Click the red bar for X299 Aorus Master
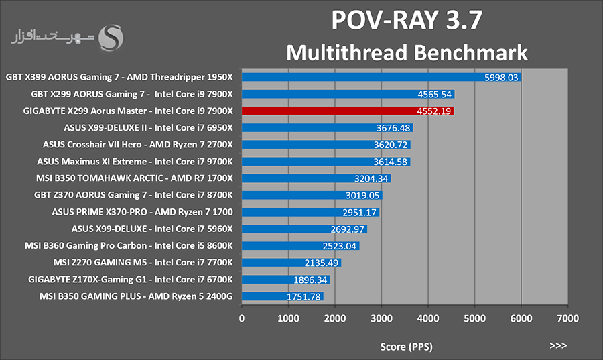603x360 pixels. (x=348, y=111)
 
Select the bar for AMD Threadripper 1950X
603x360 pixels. (x=381, y=77)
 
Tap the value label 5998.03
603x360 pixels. (x=501, y=78)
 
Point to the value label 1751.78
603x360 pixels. (x=304, y=296)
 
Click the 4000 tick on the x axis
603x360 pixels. (x=428, y=318)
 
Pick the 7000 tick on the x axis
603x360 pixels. (x=567, y=318)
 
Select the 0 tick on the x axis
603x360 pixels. (x=241, y=318)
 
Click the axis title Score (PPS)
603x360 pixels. (x=406, y=347)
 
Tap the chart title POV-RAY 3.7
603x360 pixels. (x=407, y=20)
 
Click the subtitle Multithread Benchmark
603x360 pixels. (x=407, y=53)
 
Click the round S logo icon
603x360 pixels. (x=111, y=38)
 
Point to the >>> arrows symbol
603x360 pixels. (x=558, y=345)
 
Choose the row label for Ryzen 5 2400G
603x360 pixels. (x=136, y=296)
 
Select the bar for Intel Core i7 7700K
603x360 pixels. (x=291, y=263)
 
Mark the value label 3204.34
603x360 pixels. (x=371, y=179)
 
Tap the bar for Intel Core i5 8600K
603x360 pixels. (x=300, y=246)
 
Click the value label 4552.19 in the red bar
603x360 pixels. (x=433, y=111)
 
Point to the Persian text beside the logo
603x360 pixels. (x=52, y=37)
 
